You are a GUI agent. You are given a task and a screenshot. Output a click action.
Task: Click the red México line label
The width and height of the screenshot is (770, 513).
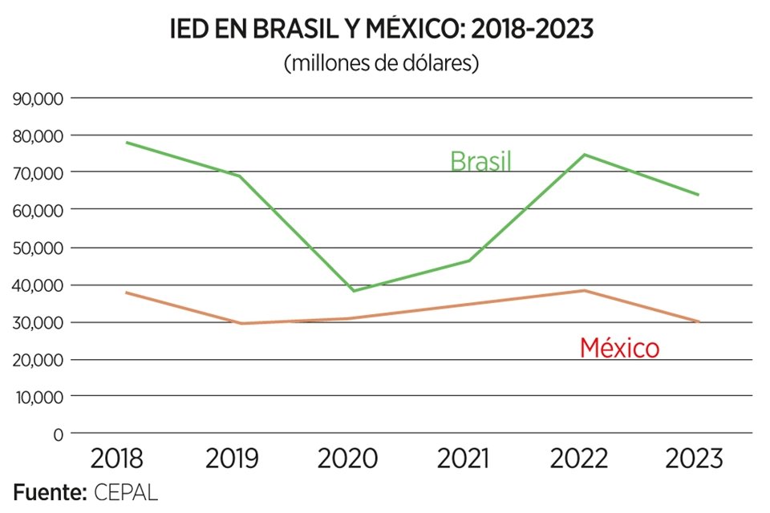[619, 348]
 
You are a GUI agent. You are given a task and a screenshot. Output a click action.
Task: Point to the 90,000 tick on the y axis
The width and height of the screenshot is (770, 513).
[36, 99]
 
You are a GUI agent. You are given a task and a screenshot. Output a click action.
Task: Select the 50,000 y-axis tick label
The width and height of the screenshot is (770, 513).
[36, 248]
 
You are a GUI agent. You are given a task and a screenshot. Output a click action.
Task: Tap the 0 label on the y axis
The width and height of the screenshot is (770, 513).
[57, 434]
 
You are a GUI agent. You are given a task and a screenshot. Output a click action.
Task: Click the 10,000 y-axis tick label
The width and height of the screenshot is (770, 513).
[36, 397]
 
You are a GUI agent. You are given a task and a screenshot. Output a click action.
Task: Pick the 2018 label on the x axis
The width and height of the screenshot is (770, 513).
[117, 459]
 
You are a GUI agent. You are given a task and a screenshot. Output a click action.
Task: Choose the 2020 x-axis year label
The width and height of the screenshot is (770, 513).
[348, 459]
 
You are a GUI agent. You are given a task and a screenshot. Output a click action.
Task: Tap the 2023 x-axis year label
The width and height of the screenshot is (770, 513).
[695, 459]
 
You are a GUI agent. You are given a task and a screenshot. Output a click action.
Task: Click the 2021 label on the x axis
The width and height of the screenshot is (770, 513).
[464, 459]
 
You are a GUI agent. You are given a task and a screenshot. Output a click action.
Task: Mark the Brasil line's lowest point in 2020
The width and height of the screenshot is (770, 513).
[354, 290]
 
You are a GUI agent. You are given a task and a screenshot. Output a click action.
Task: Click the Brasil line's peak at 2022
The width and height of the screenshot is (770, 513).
[585, 155]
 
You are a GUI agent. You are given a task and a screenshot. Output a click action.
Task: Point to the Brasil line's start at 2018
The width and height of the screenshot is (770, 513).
[127, 143]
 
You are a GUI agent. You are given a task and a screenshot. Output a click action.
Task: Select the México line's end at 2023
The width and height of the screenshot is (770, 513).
[699, 321]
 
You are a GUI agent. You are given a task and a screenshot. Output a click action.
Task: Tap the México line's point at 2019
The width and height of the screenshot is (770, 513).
[241, 323]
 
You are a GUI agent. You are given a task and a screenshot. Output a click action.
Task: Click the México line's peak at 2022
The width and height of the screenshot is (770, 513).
[585, 290]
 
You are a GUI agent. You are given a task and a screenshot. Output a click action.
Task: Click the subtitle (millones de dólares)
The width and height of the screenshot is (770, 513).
[382, 63]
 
